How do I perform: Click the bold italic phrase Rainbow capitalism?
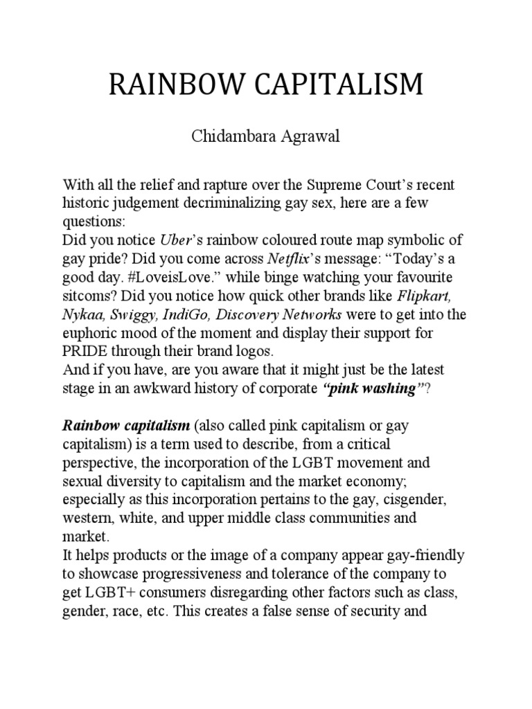point(118,424)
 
